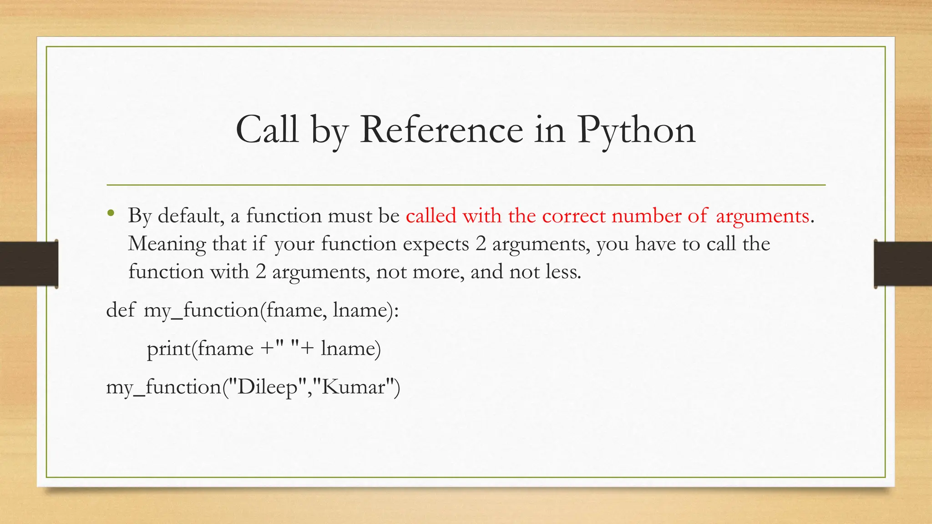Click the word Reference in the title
click(441, 130)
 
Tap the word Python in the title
click(636, 131)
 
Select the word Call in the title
click(267, 130)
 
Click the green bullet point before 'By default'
click(111, 213)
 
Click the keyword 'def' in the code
click(121, 310)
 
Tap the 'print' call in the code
click(168, 349)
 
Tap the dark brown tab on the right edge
click(903, 264)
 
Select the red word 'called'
click(431, 216)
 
